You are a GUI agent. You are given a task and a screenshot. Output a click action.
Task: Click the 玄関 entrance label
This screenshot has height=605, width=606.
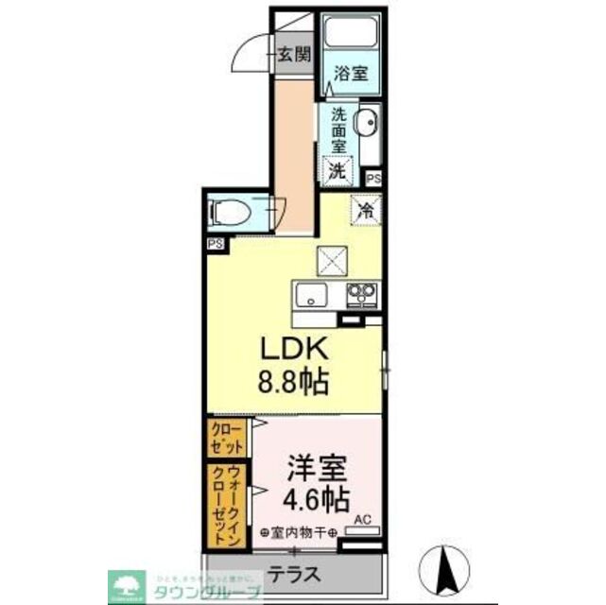pos(294,54)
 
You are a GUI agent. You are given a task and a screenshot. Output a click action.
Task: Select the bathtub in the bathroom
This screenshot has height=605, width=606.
pos(351,36)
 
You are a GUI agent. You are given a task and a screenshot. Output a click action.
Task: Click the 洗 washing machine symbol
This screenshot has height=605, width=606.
pos(338,171)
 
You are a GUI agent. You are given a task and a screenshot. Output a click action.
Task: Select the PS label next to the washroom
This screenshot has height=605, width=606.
pos(372,177)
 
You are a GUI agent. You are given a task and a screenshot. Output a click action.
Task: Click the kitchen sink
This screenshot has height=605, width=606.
pos(311,297)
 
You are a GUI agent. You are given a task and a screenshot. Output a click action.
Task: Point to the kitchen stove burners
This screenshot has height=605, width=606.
pos(360,293)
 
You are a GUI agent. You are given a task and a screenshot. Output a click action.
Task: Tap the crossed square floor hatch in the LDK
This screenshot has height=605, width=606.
pos(333,258)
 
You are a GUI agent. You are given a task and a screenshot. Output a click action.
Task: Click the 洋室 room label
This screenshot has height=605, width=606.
pos(316,469)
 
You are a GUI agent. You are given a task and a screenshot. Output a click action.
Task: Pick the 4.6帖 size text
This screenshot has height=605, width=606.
pos(316,498)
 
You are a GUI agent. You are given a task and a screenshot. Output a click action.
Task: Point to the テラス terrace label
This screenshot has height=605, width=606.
pos(293,573)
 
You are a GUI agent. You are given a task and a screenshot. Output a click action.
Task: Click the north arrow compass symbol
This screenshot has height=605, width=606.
pos(450,567)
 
